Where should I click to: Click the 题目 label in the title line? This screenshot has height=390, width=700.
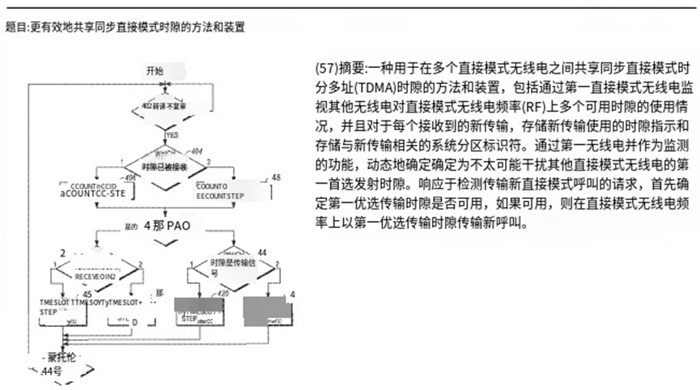coord(15,27)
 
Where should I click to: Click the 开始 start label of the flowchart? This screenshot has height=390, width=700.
coord(154,70)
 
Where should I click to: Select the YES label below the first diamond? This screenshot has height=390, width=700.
coord(172,134)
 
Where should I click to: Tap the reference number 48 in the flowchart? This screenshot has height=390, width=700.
coord(276,177)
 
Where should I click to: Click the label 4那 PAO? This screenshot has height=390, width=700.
coord(166,227)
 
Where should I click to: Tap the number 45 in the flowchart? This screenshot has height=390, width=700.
coord(87,293)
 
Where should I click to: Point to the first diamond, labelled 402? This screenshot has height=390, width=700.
coord(164,106)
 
